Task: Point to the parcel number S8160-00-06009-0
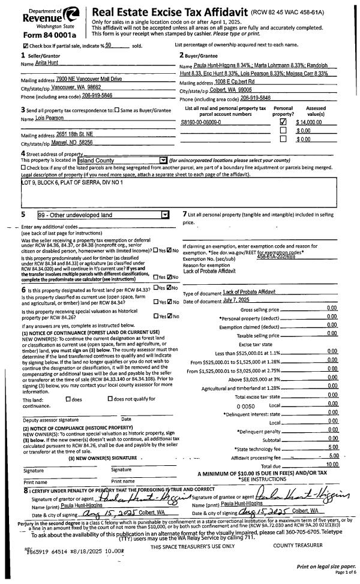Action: (x=201, y=122)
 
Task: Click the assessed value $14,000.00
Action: (x=310, y=122)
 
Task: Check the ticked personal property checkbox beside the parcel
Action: (x=284, y=122)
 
